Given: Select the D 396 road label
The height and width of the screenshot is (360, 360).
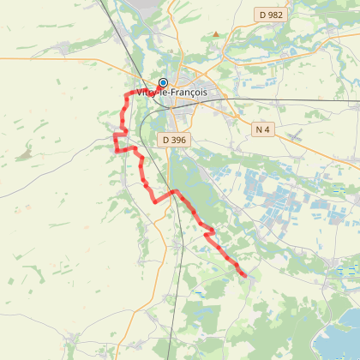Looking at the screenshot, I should (172, 138).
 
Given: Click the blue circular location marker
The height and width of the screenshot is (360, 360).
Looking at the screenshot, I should (163, 83).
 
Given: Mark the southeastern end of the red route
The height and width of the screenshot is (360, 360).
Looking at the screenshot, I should (245, 275).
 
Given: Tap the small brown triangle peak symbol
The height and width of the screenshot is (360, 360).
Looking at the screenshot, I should (216, 34).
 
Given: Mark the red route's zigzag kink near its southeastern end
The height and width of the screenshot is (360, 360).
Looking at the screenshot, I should (208, 231).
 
